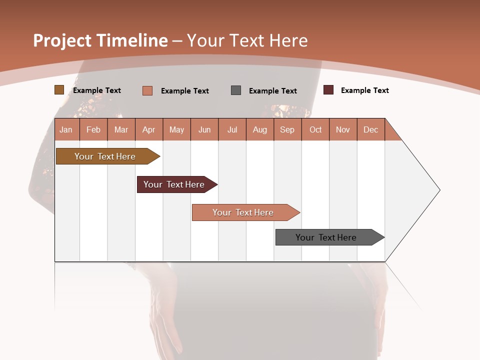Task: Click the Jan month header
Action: coord(66,129)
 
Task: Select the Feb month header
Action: coord(93,129)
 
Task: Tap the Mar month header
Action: coord(121,129)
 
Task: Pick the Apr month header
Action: coord(149,129)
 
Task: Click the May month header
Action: coord(176,129)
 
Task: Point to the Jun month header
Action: coord(204,129)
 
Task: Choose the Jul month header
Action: coord(232,129)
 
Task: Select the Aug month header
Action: coord(260,129)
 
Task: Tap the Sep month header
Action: coord(287,129)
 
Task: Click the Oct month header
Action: coord(315,129)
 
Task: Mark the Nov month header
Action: coord(343,129)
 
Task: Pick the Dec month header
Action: coord(371,129)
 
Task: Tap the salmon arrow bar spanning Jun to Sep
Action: coord(243,212)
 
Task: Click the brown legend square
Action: coord(59,90)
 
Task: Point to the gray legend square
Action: coord(236,90)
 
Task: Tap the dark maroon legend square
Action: coord(328,90)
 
